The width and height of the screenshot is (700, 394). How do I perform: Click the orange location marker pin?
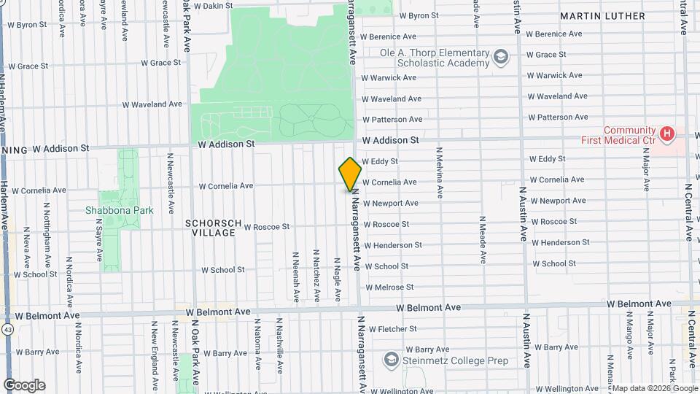[x=350, y=174]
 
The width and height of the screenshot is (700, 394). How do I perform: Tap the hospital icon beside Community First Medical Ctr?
[x=666, y=134]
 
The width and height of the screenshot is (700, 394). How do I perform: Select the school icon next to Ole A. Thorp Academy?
[x=500, y=57]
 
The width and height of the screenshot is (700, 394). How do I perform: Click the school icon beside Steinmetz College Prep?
[x=392, y=360]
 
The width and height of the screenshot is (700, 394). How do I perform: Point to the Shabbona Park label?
[x=119, y=210]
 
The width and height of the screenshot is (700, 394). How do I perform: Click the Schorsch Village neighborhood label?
[x=210, y=228]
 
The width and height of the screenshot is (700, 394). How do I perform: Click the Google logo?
[x=24, y=385]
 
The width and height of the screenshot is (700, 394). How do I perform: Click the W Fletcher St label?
[x=392, y=329]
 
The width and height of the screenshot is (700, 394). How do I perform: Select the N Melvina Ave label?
[x=440, y=172]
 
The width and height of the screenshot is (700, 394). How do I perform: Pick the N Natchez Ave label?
[x=316, y=277]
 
